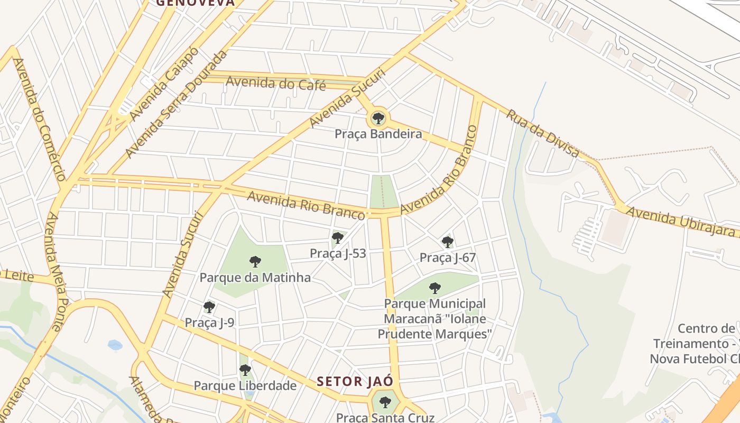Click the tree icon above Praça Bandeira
pyautogui.click(x=378, y=118)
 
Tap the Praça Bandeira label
pyautogui.click(x=378, y=134)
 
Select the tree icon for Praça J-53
pyautogui.click(x=337, y=238)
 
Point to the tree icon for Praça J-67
pyautogui.click(x=448, y=242)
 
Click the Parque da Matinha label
pyautogui.click(x=255, y=277)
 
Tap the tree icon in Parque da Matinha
pyautogui.click(x=255, y=261)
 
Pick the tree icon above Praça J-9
pyautogui.click(x=209, y=307)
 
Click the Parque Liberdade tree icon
pyautogui.click(x=245, y=370)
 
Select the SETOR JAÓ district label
pyautogui.click(x=355, y=381)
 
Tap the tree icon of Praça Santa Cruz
pyautogui.click(x=385, y=402)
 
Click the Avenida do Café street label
pyautogui.click(x=276, y=83)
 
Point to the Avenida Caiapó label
pyautogui.click(x=164, y=83)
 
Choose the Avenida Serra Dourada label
pyautogui.click(x=176, y=104)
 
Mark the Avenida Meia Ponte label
pyautogui.click(x=54, y=271)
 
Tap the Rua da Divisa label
pyautogui.click(x=542, y=133)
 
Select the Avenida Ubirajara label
pyautogui.click(x=681, y=222)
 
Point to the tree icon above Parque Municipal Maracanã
pyautogui.click(x=435, y=288)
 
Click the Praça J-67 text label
pyautogui.click(x=448, y=258)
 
